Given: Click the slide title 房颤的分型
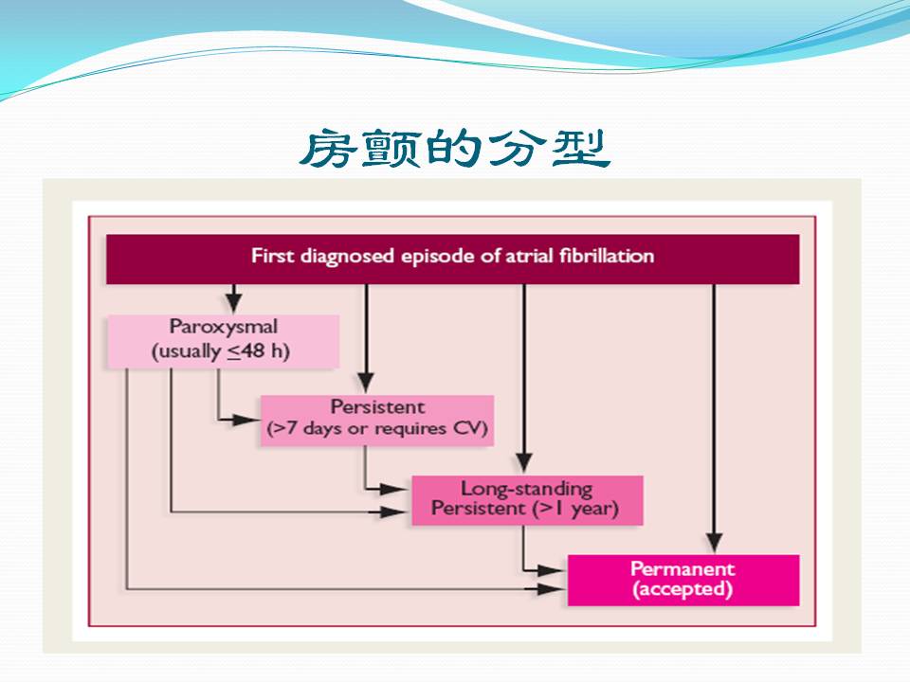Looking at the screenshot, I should point(454,149).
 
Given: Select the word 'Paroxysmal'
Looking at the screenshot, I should point(224,328).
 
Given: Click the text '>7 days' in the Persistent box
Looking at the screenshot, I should point(300,430).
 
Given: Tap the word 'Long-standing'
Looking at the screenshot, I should point(526,489).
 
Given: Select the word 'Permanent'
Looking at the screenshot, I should point(682,568).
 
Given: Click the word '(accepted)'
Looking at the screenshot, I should point(682,589).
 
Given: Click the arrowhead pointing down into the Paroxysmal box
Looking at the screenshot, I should point(228,305).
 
